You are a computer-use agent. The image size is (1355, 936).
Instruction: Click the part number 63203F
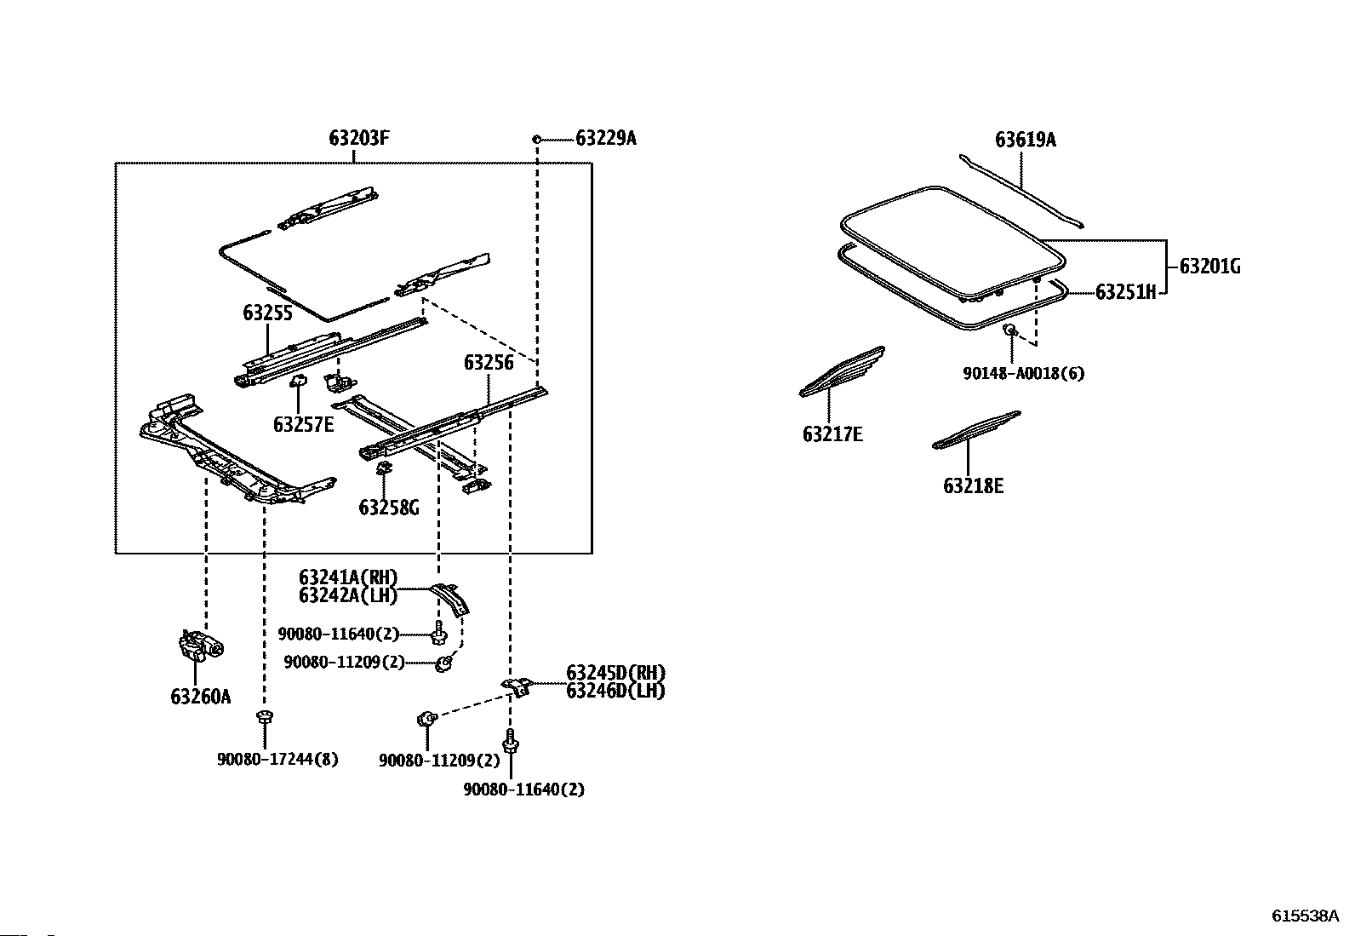tap(358, 138)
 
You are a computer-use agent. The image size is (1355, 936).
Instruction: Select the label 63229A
tap(605, 138)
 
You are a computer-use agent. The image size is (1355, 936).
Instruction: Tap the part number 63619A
tap(1026, 140)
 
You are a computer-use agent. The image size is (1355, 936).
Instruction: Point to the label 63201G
tap(1209, 266)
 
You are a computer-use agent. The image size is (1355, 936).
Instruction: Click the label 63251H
tap(1126, 292)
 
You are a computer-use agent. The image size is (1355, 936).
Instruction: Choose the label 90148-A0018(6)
tap(1024, 373)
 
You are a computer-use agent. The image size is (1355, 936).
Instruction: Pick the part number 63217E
tap(832, 434)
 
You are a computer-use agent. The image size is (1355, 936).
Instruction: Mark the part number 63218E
tap(973, 485)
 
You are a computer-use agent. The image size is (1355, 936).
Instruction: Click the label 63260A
tap(200, 697)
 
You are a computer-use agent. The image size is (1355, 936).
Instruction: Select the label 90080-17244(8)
tap(277, 759)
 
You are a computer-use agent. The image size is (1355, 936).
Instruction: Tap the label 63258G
tap(388, 508)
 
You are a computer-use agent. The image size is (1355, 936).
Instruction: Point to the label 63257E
tap(303, 424)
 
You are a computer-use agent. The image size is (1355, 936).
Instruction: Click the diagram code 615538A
tap(1305, 916)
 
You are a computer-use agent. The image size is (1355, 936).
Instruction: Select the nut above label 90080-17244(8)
tap(265, 717)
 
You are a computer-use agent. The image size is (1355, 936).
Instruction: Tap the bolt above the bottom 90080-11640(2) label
tap(510, 741)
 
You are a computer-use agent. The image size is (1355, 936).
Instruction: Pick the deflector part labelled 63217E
tap(842, 371)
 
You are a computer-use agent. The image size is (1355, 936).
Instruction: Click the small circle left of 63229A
tap(536, 139)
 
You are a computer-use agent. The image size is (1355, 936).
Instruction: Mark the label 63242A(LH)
tap(348, 595)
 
